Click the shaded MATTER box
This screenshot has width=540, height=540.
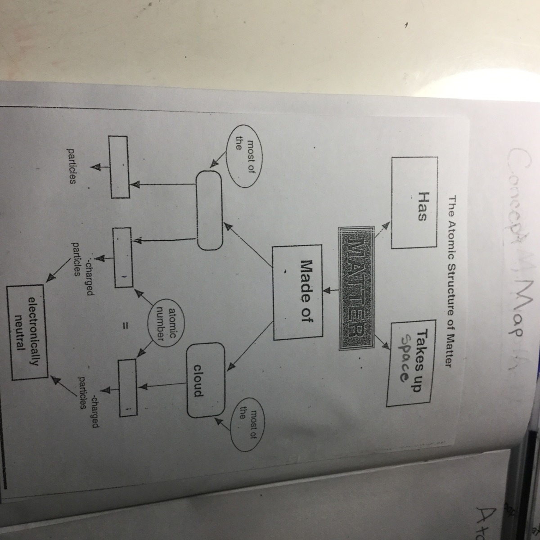356,288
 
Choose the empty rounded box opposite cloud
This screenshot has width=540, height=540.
208,210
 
